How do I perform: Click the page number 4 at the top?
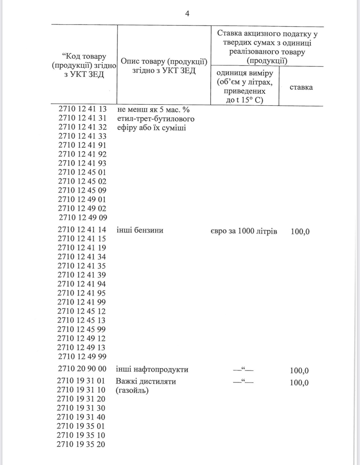point(187,14)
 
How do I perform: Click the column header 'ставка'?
point(301,87)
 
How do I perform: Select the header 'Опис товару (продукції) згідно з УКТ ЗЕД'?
point(164,66)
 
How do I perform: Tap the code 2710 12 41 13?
point(83,109)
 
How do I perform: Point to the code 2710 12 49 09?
point(83,218)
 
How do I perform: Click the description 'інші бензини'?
point(140,230)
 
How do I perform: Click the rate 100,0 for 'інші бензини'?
point(300,232)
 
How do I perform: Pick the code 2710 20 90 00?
point(82,369)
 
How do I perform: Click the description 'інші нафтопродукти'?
point(152,370)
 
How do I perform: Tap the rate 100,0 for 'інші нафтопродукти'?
point(299,371)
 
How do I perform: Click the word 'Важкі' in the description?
point(125,382)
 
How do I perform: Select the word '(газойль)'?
point(132,390)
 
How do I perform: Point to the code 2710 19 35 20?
point(81,444)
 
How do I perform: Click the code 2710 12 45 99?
point(82,329)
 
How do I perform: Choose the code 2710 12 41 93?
point(82,163)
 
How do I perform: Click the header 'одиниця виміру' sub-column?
point(245,73)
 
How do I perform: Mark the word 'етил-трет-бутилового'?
point(156,119)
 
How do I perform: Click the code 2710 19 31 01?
point(81,381)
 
